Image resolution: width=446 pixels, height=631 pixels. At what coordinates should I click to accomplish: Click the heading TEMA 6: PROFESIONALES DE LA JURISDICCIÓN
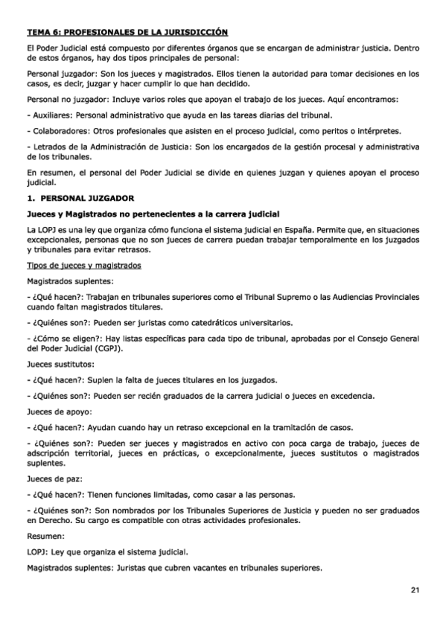click(127, 33)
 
